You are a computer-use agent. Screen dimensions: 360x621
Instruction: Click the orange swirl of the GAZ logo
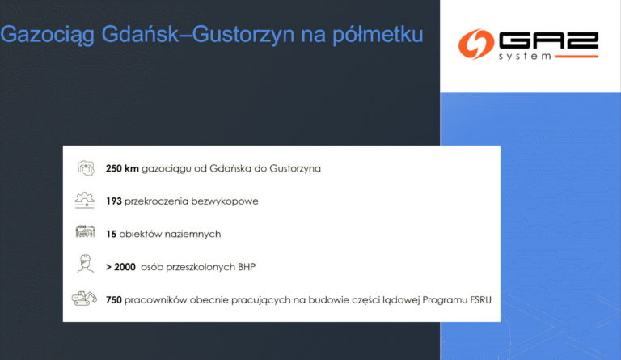(x=475, y=45)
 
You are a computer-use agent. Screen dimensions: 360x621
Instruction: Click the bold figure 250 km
(x=122, y=168)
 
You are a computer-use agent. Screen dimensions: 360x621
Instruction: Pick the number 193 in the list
(x=114, y=201)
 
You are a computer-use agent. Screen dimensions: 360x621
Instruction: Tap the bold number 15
(x=112, y=234)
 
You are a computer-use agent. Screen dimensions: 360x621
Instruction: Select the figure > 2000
(x=120, y=266)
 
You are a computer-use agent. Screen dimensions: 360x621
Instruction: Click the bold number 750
(x=114, y=299)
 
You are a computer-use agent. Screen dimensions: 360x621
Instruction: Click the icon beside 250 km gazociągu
(x=85, y=168)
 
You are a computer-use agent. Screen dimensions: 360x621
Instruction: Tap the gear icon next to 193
(x=85, y=201)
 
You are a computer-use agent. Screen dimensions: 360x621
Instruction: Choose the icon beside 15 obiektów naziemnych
(x=85, y=233)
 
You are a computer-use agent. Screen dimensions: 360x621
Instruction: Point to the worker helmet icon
(x=85, y=265)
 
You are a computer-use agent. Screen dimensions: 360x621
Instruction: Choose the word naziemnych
(x=194, y=234)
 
